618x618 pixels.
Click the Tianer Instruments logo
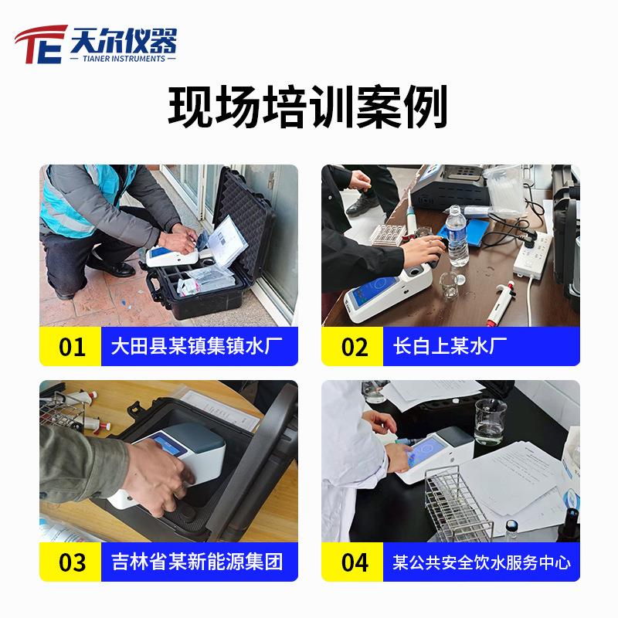coord(97,44)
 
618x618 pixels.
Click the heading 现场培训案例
coord(307,108)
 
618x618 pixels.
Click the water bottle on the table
coord(458,236)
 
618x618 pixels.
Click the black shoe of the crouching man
coord(113,268)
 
